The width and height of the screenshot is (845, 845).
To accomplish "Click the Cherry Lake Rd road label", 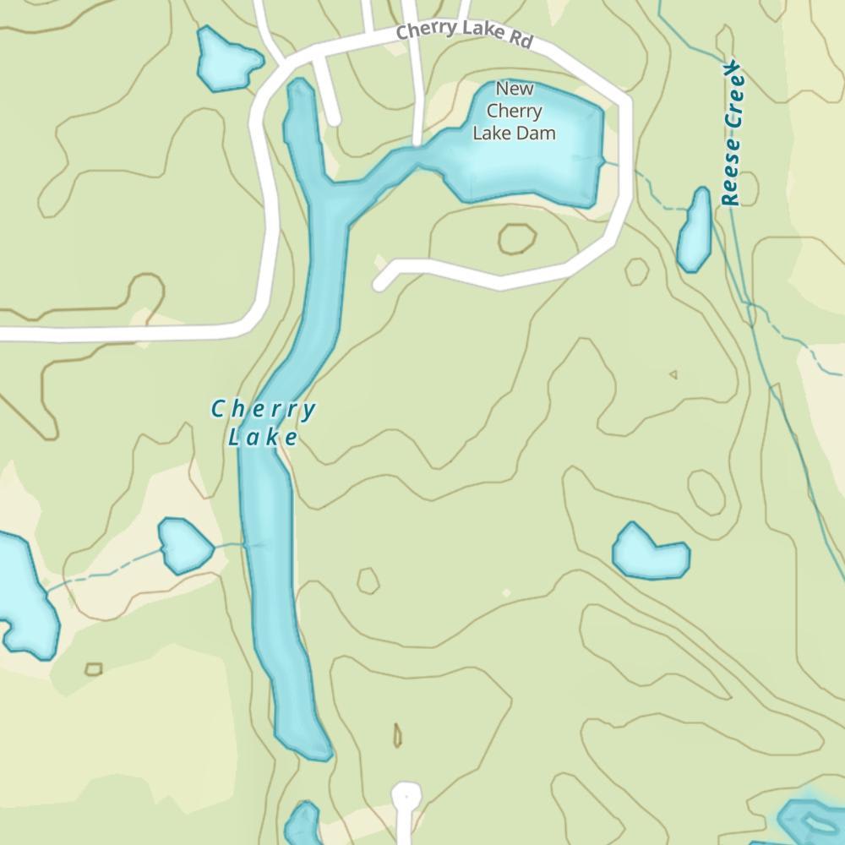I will pyautogui.click(x=464, y=33).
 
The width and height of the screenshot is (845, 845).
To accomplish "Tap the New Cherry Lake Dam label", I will pyautogui.click(x=514, y=111).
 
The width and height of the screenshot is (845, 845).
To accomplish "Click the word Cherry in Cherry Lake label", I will pyautogui.click(x=263, y=411).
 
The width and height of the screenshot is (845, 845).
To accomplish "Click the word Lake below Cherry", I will pyautogui.click(x=263, y=437).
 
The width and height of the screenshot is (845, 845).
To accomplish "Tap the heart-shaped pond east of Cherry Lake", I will pyautogui.click(x=648, y=553).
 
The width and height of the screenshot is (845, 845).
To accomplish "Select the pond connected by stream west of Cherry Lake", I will pyautogui.click(x=185, y=545).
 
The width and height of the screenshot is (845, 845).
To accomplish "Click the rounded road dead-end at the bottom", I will pyautogui.click(x=406, y=796).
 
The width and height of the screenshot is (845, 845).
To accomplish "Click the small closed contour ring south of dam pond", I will pyautogui.click(x=516, y=239).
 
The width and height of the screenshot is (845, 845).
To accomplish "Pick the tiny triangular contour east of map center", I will pyautogui.click(x=673, y=374).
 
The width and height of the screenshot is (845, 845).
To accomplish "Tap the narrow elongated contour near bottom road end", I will pyautogui.click(x=397, y=735).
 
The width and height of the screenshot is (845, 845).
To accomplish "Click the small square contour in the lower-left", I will pyautogui.click(x=94, y=669).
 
